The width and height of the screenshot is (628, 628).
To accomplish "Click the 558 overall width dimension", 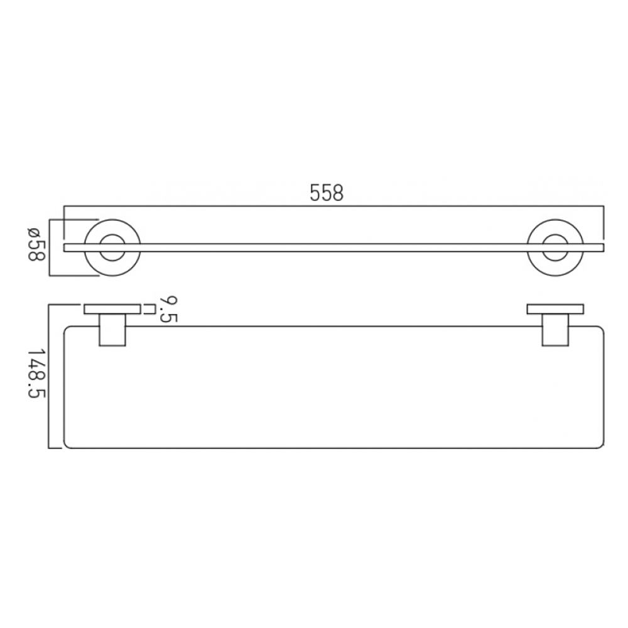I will [327, 193].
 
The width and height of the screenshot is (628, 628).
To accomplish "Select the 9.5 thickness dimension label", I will [168, 309].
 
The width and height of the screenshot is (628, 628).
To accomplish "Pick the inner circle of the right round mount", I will [555, 247].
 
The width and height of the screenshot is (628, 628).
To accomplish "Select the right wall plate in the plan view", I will [555, 308].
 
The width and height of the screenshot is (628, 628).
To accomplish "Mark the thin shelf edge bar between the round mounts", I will [333, 247].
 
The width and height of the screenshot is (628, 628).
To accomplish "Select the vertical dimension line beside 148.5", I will [50, 376].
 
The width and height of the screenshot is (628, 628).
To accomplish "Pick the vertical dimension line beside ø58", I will [50, 247].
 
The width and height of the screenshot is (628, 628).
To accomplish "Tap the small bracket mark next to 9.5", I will [149, 308].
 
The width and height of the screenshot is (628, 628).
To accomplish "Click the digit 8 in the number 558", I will [338, 193].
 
